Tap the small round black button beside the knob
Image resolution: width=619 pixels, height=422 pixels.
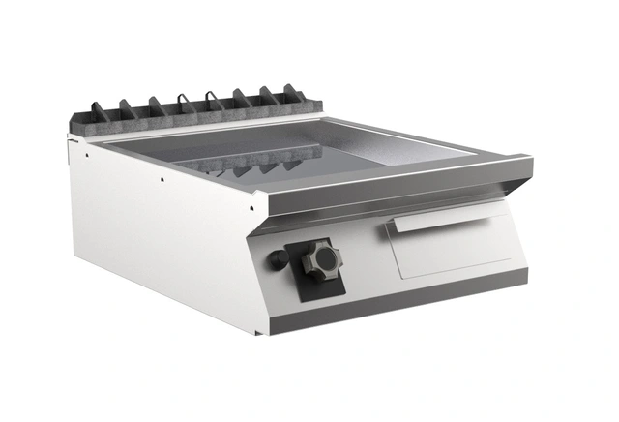coord(279,260)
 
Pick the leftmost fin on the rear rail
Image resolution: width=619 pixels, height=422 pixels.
coord(98,109)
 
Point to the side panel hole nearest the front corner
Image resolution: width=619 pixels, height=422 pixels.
coord(250,207)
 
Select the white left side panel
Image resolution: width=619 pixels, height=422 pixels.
coord(164,232)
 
